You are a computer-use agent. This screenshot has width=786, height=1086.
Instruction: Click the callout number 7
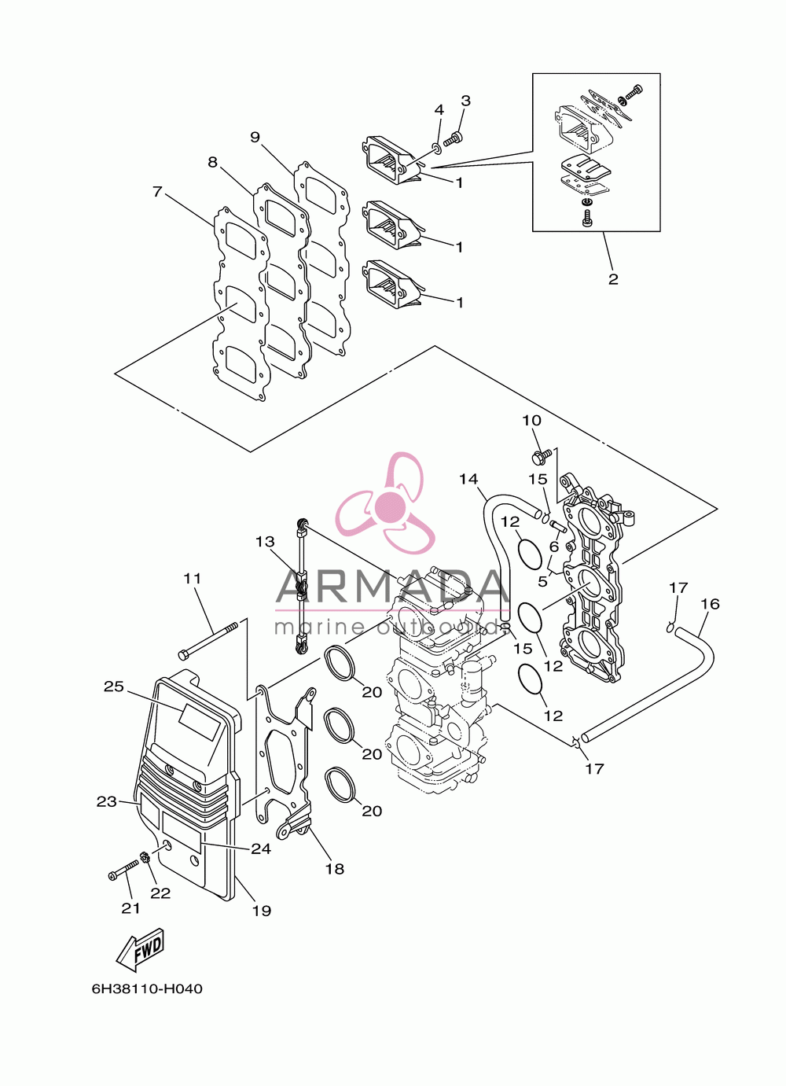pyautogui.click(x=157, y=192)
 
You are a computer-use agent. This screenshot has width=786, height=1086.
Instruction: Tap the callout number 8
pyautogui.click(x=213, y=162)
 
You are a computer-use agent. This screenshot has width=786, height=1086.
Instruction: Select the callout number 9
pyautogui.click(x=255, y=137)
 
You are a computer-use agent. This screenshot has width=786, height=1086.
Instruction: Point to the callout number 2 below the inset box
pyautogui.click(x=613, y=279)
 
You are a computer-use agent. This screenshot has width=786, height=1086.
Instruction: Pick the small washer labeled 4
pyautogui.click(x=435, y=146)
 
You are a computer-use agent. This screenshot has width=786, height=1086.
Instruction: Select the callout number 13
pyautogui.click(x=266, y=541)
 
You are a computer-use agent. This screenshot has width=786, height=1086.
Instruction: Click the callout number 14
pyautogui.click(x=468, y=479)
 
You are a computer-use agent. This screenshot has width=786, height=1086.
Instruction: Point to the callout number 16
pyautogui.click(x=710, y=604)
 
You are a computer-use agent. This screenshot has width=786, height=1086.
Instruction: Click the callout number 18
pyautogui.click(x=334, y=869)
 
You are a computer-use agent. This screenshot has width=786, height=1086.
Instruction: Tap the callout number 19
pyautogui.click(x=262, y=911)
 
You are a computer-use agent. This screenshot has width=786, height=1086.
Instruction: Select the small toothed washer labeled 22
pyautogui.click(x=144, y=858)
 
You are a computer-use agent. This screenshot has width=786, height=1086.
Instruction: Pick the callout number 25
pyautogui.click(x=114, y=687)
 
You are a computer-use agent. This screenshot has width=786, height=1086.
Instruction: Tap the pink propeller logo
pyautogui.click(x=386, y=504)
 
